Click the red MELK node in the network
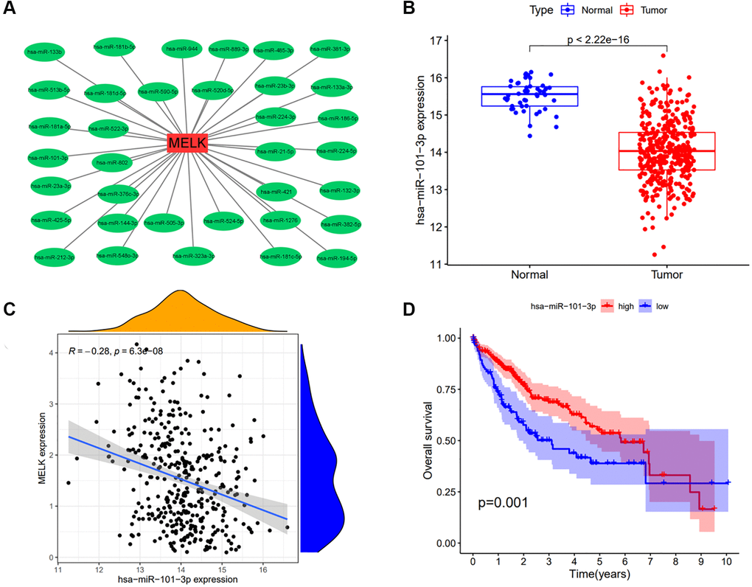[187, 142]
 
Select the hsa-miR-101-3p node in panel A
[48, 158]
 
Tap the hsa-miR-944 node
[182, 49]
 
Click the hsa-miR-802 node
[111, 162]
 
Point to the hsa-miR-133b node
[45, 52]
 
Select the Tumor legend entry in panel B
[648, 10]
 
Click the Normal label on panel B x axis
[529, 275]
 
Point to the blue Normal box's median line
[529, 94]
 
